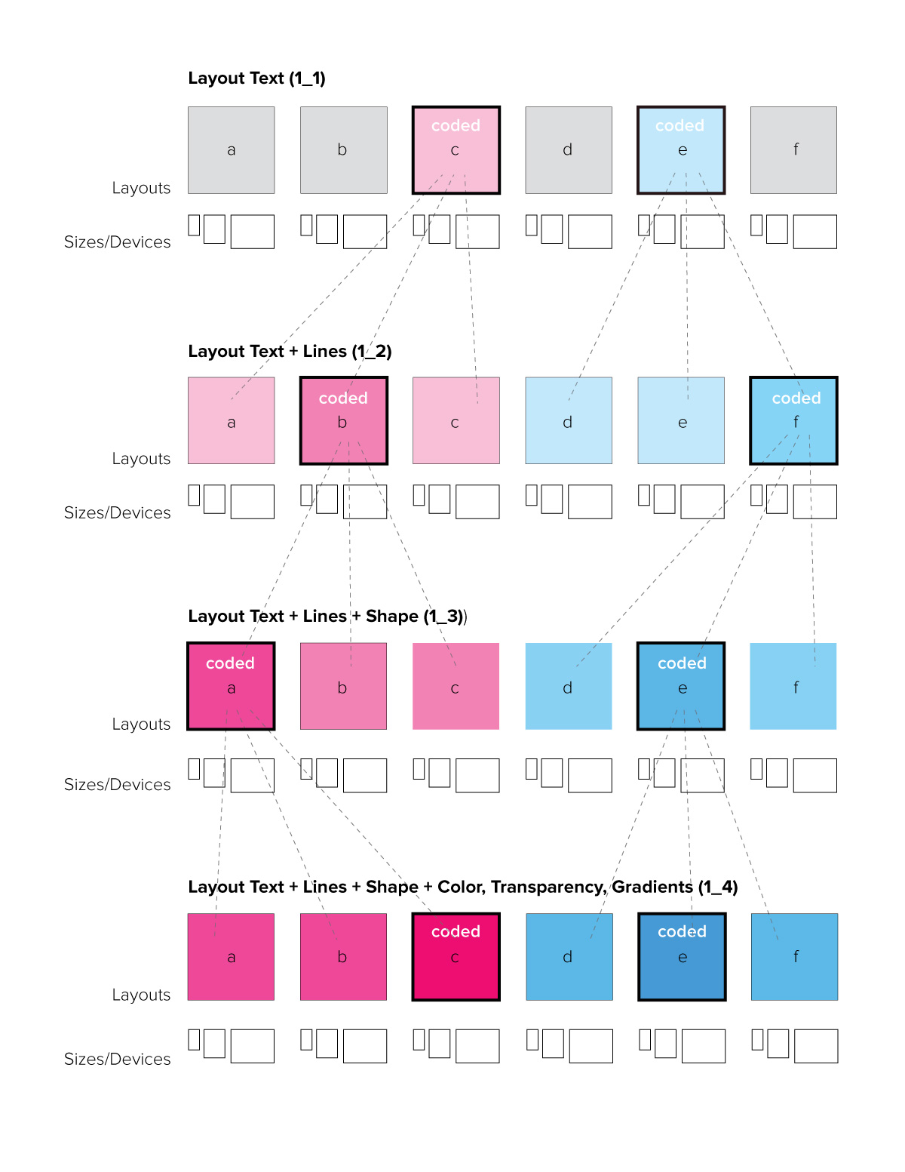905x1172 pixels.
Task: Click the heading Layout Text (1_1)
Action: coord(256,78)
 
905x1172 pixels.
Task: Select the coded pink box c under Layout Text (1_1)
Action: coord(456,150)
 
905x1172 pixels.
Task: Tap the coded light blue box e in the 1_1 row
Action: coord(681,150)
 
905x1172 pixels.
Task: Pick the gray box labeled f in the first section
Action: coord(793,150)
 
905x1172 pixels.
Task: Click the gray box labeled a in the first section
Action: coord(231,150)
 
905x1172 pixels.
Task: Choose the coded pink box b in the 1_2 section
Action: coord(344,420)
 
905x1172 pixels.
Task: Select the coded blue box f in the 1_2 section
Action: coord(793,420)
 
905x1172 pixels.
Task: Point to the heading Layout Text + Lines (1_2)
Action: coord(290,352)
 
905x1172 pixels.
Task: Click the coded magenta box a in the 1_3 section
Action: coord(231,686)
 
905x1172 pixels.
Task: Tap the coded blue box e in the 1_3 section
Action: coord(681,686)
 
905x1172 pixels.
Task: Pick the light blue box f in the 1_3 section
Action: coord(793,686)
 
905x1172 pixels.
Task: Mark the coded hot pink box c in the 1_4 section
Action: coord(456,957)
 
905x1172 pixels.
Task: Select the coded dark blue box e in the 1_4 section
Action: coord(682,957)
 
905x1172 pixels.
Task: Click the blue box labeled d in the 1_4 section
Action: coord(569,957)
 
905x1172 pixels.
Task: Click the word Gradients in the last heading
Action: coord(652,887)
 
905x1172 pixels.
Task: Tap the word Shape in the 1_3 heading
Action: coord(391,617)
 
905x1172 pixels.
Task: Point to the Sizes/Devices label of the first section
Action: coord(117,242)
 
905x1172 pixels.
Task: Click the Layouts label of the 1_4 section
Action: coord(141,995)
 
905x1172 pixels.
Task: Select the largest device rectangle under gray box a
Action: coord(252,232)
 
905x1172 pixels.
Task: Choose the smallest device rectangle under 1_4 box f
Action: coord(757,1040)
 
